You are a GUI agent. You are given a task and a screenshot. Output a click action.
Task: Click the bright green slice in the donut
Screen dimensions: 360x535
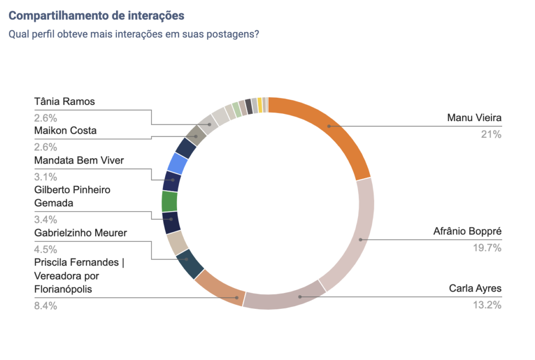click(169, 201)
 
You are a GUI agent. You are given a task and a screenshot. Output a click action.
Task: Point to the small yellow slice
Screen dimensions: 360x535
click(260, 105)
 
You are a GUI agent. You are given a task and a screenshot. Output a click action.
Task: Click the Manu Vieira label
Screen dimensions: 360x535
click(474, 118)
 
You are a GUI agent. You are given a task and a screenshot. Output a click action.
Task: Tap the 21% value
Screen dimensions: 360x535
click(491, 135)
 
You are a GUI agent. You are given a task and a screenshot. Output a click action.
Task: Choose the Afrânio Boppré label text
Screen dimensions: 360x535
click(467, 231)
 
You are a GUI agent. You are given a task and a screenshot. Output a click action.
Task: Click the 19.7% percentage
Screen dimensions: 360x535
click(487, 248)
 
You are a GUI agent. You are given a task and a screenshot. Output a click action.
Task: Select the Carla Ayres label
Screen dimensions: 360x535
click(475, 288)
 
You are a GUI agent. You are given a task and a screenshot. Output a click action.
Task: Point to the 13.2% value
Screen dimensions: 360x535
click(487, 306)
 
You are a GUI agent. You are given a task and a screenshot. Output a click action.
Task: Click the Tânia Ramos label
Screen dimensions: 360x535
click(65, 101)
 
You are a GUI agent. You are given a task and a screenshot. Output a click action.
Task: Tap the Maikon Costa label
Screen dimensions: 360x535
click(65, 131)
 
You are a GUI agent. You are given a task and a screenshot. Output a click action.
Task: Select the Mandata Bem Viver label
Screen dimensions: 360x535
click(79, 160)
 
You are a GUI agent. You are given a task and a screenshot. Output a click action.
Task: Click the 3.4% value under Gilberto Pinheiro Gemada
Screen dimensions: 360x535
click(45, 219)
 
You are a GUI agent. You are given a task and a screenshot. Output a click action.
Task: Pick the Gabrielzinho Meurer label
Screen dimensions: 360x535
click(80, 233)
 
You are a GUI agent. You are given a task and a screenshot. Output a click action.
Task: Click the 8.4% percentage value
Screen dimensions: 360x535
click(45, 306)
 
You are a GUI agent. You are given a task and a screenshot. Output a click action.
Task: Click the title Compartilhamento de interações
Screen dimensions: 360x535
click(97, 16)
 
